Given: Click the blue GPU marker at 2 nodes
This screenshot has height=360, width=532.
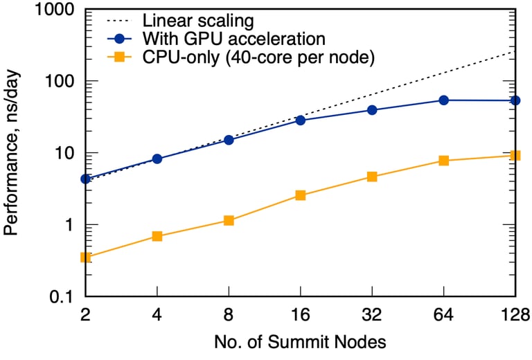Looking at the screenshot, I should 86,179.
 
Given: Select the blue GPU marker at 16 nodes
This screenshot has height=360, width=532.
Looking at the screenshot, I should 301,120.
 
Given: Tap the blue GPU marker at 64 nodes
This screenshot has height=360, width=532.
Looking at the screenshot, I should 444,100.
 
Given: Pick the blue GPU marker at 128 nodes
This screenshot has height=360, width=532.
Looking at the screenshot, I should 515,100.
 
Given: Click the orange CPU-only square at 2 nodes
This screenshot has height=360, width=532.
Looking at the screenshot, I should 86,258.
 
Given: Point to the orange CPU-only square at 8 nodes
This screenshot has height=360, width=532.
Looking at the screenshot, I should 229,221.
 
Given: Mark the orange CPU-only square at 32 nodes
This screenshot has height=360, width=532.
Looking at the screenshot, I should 372,177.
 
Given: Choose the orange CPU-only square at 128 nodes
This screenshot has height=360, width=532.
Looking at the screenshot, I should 515,156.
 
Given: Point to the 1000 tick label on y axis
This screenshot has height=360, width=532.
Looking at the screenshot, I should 58,9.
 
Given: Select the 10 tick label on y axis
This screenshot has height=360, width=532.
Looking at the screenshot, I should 67,153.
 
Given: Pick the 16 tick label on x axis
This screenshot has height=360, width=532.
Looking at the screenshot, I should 301,315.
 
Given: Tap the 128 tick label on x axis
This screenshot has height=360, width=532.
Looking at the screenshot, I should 513,315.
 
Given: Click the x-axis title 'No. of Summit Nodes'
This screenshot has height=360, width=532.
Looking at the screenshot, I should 300,342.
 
